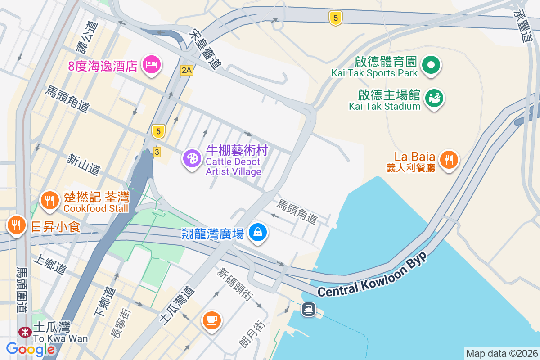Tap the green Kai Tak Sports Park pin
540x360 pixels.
coord(431,64)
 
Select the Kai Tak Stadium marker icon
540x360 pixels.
coord(434,97)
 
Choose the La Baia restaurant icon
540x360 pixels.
coord(448,159)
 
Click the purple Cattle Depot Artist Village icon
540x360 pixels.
coord(192,158)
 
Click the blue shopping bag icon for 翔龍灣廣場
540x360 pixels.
coord(258,232)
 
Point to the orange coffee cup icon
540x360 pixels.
coord(211,320)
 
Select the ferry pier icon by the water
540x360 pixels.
coord(308,309)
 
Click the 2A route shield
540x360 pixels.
coord(186,70)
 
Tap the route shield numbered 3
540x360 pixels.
coord(157,152)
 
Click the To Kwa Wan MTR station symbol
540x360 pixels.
coord(25,332)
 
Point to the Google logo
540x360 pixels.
coord(31,349)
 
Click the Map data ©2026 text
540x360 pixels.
coord(501,353)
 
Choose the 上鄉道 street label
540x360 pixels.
coord(49,266)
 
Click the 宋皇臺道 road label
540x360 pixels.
coord(207,49)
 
